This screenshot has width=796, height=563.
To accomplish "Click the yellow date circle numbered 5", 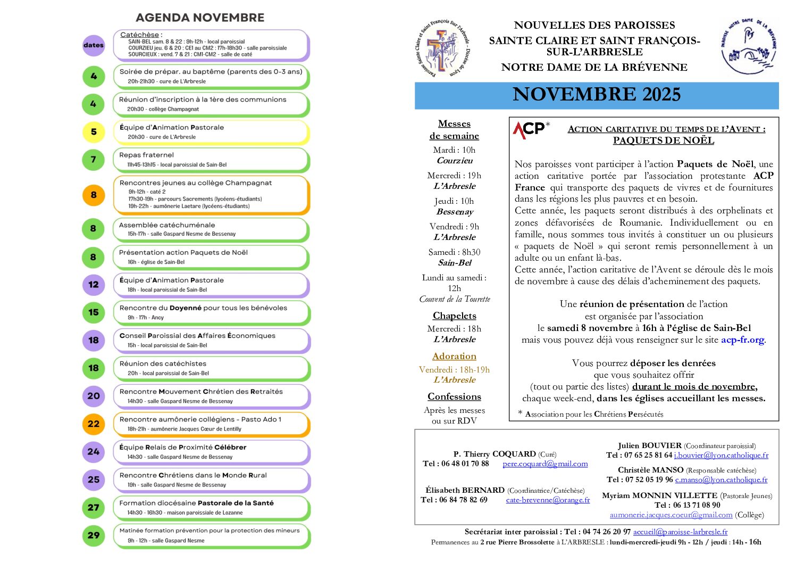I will click(94, 132).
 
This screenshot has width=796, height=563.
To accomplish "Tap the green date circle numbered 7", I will click(94, 160).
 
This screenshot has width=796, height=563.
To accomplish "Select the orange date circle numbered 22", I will click(94, 424).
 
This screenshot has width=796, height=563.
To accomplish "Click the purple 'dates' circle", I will click(94, 45).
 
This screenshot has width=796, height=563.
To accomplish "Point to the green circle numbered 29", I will click(94, 535).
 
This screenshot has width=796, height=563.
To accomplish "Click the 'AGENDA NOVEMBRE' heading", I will click(200, 18).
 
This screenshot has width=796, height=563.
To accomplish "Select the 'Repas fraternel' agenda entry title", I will click(146, 155).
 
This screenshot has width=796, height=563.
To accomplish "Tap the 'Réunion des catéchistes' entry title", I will click(163, 363).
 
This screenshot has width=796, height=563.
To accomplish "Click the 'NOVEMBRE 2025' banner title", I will click(597, 95).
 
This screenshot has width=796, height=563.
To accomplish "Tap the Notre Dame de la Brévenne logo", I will click(749, 47).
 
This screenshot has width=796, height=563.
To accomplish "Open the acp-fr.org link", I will click(743, 340).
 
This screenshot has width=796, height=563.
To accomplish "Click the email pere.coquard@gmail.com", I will click(545, 463).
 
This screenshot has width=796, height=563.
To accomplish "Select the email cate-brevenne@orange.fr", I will click(548, 500).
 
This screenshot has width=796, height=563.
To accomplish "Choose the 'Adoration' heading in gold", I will click(454, 356).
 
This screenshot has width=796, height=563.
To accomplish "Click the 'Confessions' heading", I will click(454, 396).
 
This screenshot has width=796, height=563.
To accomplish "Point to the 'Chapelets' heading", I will click(454, 316).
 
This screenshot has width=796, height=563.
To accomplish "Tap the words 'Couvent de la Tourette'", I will click(455, 299).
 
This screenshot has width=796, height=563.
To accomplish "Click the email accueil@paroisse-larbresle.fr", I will click(680, 532).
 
